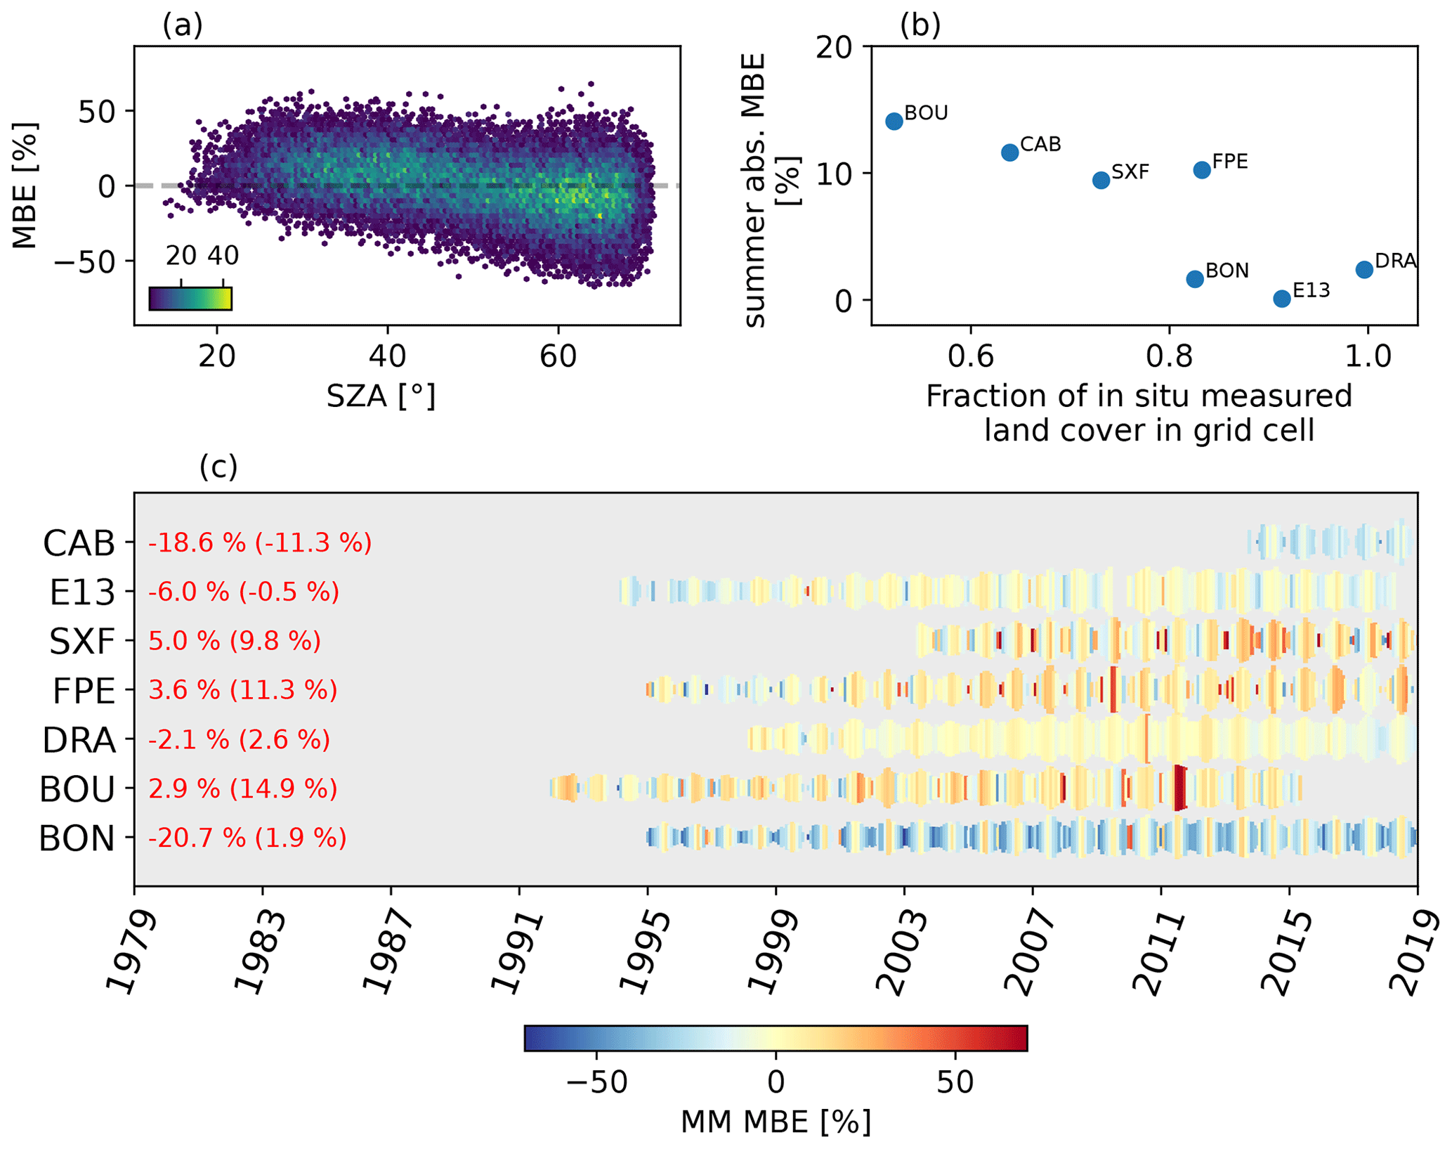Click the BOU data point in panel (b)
click(894, 122)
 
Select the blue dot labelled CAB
click(1009, 152)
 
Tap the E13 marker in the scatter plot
click(1281, 299)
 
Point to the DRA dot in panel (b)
click(1363, 270)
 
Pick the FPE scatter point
click(1201, 170)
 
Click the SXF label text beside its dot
click(1130, 172)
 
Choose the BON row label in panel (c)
click(77, 838)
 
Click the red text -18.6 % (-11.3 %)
click(259, 543)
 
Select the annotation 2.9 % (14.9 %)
click(242, 789)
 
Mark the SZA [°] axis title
click(381, 397)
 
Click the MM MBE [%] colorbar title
click(776, 1122)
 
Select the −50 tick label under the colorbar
click(596, 1083)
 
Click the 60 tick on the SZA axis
click(558, 357)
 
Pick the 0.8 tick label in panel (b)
click(1168, 357)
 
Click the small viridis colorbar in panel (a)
click(190, 299)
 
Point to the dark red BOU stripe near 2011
click(1179, 788)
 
